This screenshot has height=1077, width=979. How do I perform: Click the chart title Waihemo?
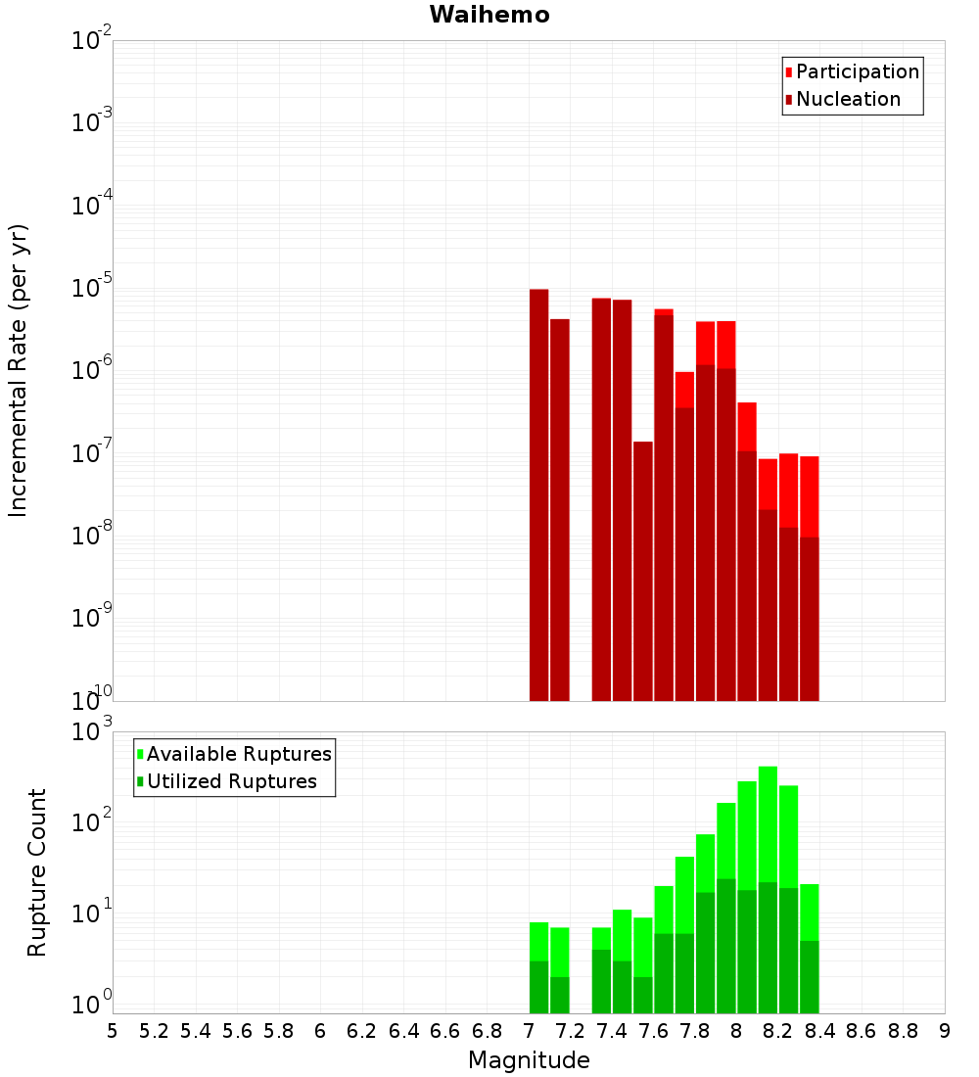pos(489,15)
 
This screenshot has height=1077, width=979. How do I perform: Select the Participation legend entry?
pos(857,71)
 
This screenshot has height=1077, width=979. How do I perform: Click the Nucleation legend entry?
pos(847,99)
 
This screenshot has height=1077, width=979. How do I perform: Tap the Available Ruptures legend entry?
pos(238,754)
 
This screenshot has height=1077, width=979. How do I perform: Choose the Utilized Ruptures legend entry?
pos(231,781)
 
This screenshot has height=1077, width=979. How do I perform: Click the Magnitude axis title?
pos(529,1060)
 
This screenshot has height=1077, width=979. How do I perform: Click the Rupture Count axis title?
pos(37,872)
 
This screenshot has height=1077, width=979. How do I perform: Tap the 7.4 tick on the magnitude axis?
pos(612,1030)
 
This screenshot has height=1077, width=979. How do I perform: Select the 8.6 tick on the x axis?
pos(862,1030)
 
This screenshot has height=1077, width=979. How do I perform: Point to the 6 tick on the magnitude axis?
pos(320,1030)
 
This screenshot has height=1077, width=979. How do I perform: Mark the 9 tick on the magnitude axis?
pos(944,1030)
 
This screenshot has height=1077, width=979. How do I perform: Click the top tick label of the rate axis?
pos(92,41)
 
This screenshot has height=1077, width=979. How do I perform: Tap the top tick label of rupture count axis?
pos(93,732)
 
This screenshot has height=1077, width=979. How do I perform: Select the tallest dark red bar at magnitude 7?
pos(538,490)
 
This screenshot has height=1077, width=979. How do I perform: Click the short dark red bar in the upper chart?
pos(642,568)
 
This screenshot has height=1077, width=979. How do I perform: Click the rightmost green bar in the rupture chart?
pos(809,911)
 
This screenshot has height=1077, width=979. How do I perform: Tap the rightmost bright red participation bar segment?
pos(809,494)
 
